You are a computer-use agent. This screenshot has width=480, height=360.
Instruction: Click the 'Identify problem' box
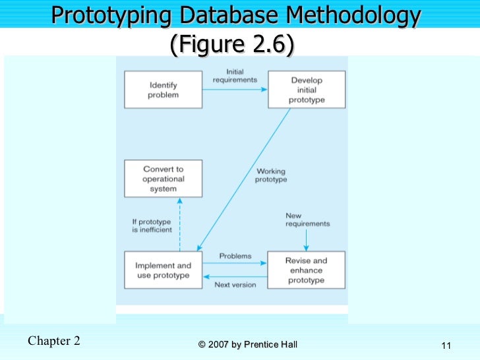click(164, 90)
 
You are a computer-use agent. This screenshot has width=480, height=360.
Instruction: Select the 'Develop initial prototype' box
click(306, 90)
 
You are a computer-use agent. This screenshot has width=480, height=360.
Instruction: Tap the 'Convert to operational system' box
click(164, 179)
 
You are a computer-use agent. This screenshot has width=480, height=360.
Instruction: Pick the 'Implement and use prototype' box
click(164, 270)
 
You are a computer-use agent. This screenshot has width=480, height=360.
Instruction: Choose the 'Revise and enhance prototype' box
click(306, 270)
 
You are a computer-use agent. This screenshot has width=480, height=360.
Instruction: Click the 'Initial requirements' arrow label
click(234, 76)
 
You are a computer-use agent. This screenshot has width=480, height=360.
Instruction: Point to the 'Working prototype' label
click(271, 176)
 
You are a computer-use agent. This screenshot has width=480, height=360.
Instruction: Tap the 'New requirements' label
click(307, 220)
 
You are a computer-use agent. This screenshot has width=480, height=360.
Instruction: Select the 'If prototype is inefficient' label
click(152, 225)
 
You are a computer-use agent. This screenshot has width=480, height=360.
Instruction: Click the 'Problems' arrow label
click(235, 256)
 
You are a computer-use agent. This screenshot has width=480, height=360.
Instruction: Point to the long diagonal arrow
click(244, 178)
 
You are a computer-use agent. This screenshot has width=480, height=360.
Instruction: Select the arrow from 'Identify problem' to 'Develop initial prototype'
click(234, 90)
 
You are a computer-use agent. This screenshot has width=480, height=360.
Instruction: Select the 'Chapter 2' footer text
click(55, 341)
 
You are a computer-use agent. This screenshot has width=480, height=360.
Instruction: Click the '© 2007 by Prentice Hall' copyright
click(248, 345)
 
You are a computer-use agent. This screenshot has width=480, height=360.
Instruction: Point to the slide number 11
click(446, 346)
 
